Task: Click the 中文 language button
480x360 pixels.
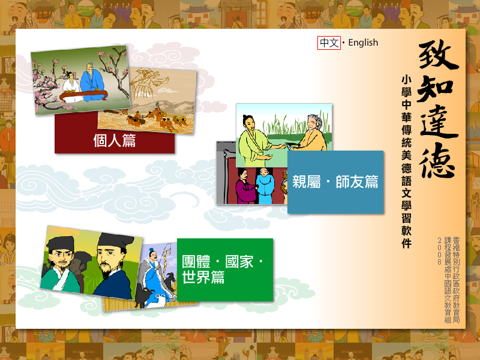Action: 329,43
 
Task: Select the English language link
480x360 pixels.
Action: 363,43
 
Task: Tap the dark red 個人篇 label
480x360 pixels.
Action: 115,141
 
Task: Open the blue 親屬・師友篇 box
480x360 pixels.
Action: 335,182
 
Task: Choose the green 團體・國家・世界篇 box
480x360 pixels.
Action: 225,269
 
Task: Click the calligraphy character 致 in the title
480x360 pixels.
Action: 438,55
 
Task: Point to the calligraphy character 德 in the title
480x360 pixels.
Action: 437,160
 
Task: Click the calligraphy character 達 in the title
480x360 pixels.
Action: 439,122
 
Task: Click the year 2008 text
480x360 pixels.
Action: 439,251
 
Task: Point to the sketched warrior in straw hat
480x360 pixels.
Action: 147,83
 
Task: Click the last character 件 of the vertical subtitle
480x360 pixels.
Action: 407,244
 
